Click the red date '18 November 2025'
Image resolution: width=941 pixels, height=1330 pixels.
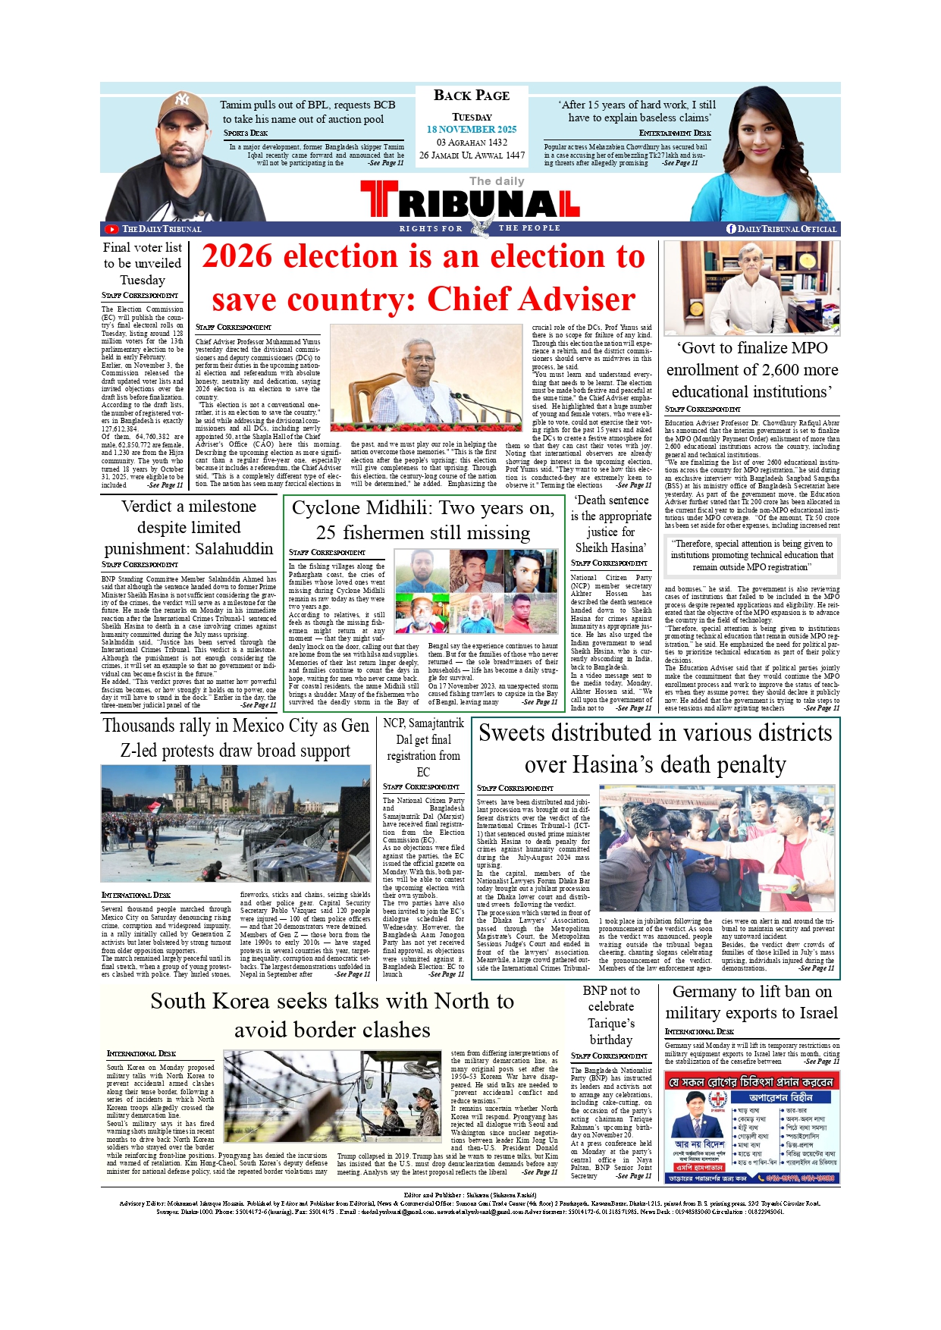(471, 130)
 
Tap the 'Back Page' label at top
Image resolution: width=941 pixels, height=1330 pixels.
(471, 96)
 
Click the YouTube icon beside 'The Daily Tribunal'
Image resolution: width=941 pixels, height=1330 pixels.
(112, 229)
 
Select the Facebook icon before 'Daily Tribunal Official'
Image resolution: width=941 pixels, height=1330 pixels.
(731, 229)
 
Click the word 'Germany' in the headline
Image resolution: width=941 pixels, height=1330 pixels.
(706, 992)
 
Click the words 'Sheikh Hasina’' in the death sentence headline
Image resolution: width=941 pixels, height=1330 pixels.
(610, 547)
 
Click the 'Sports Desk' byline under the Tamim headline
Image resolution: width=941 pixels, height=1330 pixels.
(246, 133)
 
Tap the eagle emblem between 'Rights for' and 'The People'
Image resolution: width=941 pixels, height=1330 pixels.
(479, 226)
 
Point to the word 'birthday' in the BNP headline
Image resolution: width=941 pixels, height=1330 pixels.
(610, 1040)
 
